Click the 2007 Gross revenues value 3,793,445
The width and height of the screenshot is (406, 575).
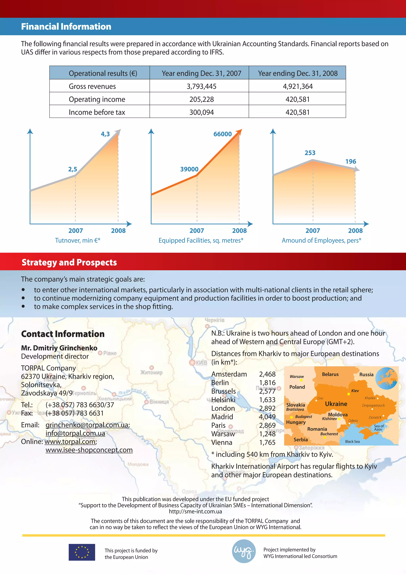click(201, 86)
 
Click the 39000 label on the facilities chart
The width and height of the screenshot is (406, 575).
click(189, 169)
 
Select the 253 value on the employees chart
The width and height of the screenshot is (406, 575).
click(310, 153)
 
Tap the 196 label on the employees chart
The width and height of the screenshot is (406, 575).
click(350, 162)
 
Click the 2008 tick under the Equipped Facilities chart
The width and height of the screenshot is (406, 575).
click(239, 231)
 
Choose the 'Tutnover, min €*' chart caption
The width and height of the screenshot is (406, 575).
click(78, 240)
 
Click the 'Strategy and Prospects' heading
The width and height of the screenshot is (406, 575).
click(69, 262)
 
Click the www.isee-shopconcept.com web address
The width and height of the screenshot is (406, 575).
click(89, 450)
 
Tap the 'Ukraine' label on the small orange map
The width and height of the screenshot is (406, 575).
click(336, 404)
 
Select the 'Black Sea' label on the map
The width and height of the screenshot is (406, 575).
click(352, 441)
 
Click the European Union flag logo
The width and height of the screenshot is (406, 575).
click(82, 552)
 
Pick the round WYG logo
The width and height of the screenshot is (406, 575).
click(244, 551)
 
